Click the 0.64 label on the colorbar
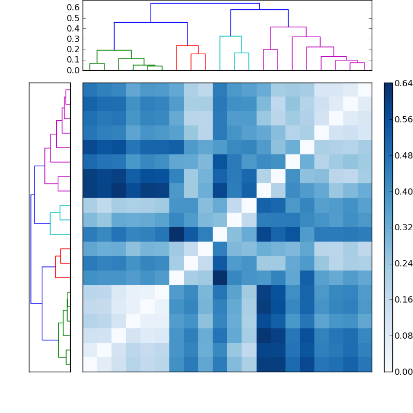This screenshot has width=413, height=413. tap(404, 83)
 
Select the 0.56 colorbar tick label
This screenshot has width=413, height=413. tap(404, 119)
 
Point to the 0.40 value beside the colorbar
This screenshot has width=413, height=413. tap(404, 192)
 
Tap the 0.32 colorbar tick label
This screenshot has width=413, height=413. tap(404, 228)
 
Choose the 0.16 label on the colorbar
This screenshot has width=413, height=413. tap(404, 300)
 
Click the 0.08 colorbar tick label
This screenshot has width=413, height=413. tap(404, 336)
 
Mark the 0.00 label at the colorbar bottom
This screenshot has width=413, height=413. tap(404, 372)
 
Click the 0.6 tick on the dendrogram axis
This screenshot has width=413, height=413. tap(74, 8)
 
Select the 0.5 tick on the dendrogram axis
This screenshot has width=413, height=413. tap(74, 18)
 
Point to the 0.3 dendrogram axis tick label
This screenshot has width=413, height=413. tap(74, 39)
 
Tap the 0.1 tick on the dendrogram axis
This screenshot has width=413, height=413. tap(74, 60)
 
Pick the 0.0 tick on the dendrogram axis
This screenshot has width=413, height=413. tap(74, 70)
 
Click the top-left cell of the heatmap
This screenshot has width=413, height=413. tap(90, 90)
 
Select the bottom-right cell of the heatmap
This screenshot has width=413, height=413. tap(364, 364)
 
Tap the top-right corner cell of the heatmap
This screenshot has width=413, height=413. tap(364, 90)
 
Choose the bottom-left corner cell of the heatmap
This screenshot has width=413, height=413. tap(90, 364)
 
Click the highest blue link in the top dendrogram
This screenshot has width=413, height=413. tap(205, 4)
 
